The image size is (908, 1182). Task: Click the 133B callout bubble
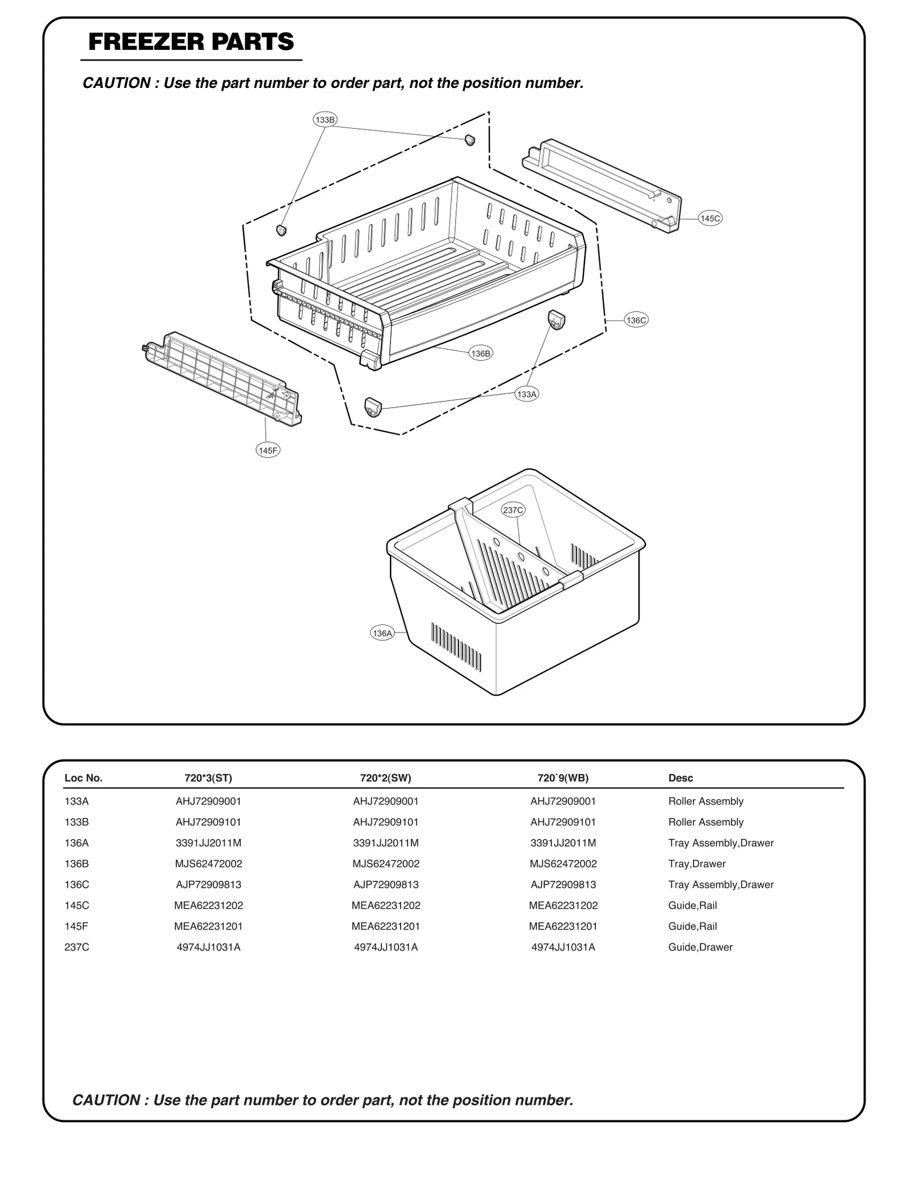click(325, 120)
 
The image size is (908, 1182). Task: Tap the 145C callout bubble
click(710, 218)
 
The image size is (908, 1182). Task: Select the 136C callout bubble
click(636, 320)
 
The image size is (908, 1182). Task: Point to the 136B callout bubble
click(481, 353)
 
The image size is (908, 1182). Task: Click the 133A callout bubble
click(527, 394)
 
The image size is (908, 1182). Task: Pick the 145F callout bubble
click(268, 450)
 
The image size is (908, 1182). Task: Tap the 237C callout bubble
click(513, 510)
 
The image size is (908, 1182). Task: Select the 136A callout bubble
click(382, 633)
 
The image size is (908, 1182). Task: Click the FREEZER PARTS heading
click(191, 42)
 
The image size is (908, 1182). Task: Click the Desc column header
click(680, 778)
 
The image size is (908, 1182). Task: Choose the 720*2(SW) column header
click(385, 778)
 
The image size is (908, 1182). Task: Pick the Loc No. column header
click(83, 778)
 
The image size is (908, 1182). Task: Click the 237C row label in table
click(77, 947)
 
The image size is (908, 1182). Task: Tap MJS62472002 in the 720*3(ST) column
click(208, 864)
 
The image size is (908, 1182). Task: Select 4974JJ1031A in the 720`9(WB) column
click(563, 947)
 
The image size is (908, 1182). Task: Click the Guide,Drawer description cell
click(700, 947)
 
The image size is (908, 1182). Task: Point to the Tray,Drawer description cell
click(696, 864)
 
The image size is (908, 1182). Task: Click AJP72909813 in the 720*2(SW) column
click(385, 885)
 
